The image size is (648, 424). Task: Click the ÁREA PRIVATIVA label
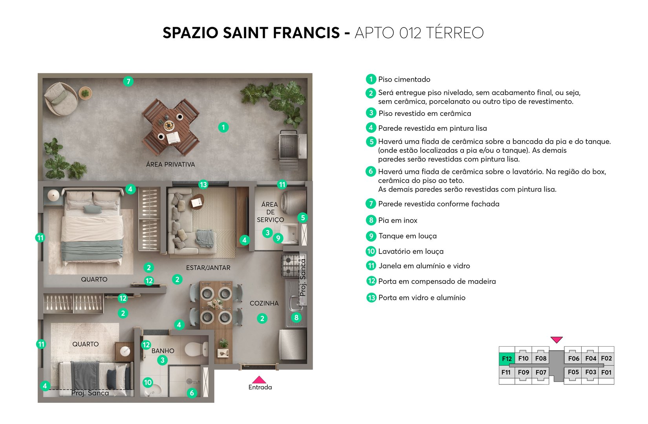(x=170, y=164)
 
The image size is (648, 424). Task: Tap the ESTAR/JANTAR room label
(x=208, y=268)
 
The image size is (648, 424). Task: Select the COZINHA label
(x=264, y=303)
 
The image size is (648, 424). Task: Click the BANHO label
(x=163, y=351)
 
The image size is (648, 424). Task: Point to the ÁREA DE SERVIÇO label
(x=270, y=212)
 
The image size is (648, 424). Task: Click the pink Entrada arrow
(x=259, y=380)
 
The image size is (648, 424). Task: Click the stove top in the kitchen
(x=291, y=265)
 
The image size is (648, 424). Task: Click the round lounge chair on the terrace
(x=60, y=99)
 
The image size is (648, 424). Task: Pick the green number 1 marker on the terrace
(x=223, y=127)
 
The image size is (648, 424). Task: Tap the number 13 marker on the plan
(x=203, y=185)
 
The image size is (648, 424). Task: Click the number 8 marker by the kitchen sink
(x=296, y=318)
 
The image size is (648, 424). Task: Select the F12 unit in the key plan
(x=507, y=358)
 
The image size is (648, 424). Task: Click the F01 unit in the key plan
(x=606, y=372)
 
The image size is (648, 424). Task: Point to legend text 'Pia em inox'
(x=397, y=220)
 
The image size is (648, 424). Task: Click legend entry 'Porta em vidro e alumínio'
(x=422, y=298)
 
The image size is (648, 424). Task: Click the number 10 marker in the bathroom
(x=148, y=382)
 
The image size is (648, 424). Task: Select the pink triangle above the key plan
(x=556, y=340)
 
